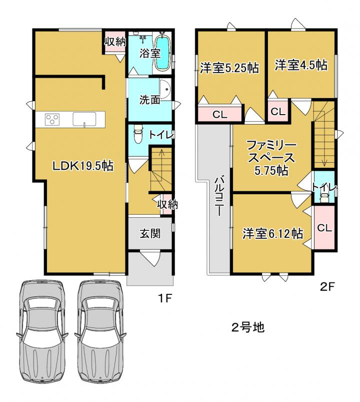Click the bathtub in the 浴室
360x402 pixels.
click(x=162, y=53)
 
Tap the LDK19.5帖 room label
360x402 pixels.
click(x=83, y=166)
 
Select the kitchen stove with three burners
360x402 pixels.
click(x=52, y=120)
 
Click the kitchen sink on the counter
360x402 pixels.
click(x=84, y=119)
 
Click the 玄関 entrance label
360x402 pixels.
click(x=150, y=234)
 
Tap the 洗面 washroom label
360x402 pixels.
click(x=150, y=100)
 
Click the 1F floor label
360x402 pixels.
click(x=164, y=298)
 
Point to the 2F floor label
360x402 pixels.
click(x=327, y=287)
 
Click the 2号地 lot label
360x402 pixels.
click(x=247, y=327)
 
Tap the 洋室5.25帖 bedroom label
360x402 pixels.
click(x=229, y=68)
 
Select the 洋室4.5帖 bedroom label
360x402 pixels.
click(x=301, y=65)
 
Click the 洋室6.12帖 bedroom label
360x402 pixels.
click(x=272, y=234)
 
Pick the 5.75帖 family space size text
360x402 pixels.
click(x=271, y=171)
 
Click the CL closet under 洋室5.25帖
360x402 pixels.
click(x=219, y=114)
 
